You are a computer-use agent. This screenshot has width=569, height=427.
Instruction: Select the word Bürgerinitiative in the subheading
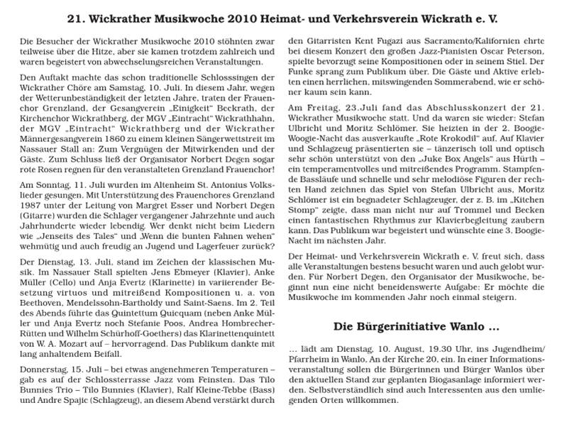click(392, 328)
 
